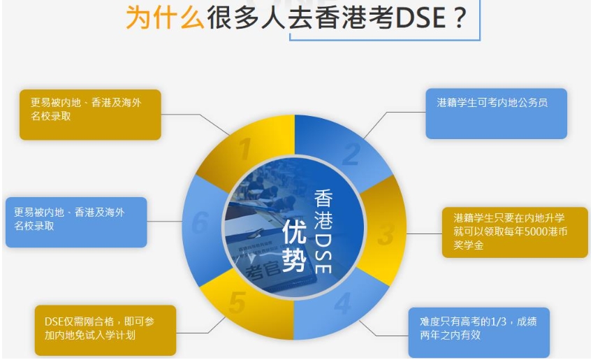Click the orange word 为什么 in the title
coord(165,17)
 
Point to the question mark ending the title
coord(460,17)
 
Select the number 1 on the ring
coord(245,149)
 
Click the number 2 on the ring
coord(351,154)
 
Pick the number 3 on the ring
coord(386,234)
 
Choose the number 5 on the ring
coord(237,302)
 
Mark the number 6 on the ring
coord(200,222)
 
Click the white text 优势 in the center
coord(294,245)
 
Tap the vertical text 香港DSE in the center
coord(323,231)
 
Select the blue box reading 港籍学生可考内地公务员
coord(496,113)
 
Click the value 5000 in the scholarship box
coord(534,231)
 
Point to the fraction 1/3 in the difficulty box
coord(498,322)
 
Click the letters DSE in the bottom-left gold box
coord(54,322)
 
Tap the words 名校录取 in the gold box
coord(51,116)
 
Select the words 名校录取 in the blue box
coord(34,226)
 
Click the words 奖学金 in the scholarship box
coord(469,245)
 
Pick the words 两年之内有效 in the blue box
coord(450,335)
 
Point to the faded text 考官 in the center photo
coord(263,268)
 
